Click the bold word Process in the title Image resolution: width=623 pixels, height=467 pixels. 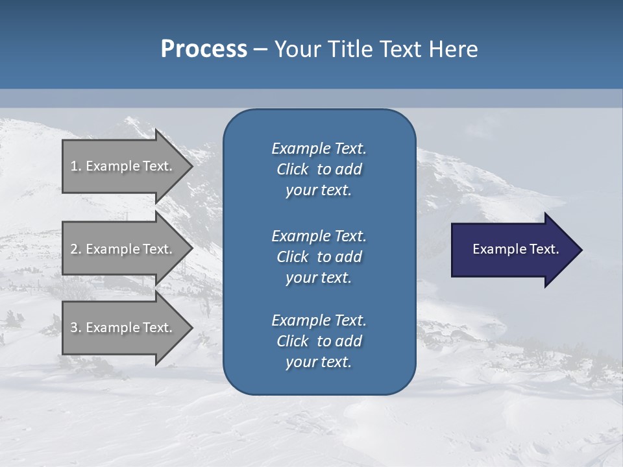204,49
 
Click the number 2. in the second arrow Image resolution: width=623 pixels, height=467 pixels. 76,249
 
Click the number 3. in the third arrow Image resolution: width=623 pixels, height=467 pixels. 76,328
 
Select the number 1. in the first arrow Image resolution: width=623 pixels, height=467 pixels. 76,166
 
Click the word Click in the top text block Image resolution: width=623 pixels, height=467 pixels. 292,169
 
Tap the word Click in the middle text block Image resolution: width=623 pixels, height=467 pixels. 292,257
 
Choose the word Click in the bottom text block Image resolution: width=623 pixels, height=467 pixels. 292,341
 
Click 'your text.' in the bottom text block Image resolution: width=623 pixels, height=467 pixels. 319,362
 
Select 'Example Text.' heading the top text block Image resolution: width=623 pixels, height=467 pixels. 319,149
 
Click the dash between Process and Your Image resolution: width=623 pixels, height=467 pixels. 261,49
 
